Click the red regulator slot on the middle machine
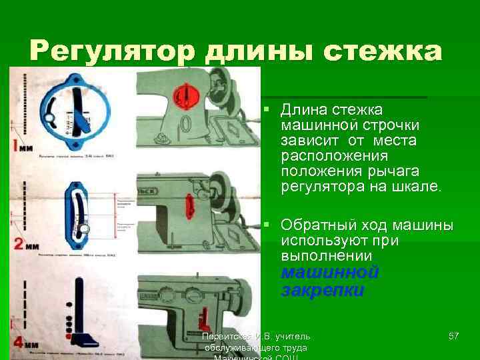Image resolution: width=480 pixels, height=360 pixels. [189, 204]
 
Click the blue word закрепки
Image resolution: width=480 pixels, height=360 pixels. [322, 290]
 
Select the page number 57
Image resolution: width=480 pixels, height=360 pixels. [453, 335]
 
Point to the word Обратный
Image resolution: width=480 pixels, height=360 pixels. [314, 223]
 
